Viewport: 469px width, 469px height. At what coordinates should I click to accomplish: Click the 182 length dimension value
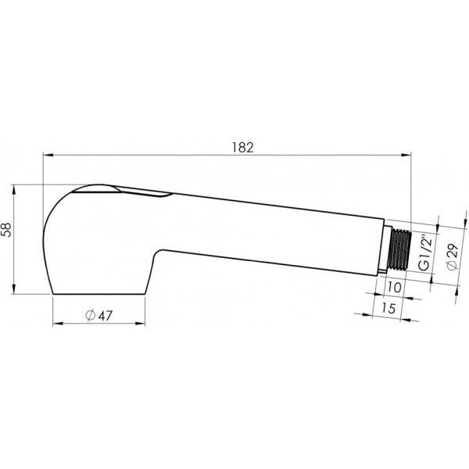coord(243,148)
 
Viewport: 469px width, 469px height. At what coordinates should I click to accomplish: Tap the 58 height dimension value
coord(6,229)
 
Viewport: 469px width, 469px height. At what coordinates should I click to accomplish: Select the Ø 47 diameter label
coord(98,315)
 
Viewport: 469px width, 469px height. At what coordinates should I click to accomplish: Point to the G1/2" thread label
coord(425,253)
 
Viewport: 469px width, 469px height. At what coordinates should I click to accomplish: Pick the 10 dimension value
coord(394,287)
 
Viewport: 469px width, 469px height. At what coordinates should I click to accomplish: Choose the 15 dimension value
coord(388,308)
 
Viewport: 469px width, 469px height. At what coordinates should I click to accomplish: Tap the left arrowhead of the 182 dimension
coord(48,155)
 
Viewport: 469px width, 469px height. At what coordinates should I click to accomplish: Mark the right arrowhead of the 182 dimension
coord(406,155)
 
